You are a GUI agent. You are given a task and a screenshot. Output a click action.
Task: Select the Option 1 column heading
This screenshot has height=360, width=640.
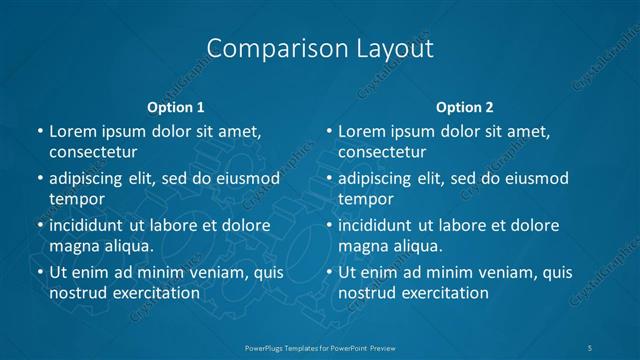pyautogui.click(x=176, y=107)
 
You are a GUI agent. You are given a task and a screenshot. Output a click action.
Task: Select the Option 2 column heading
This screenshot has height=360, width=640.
pyautogui.click(x=465, y=107)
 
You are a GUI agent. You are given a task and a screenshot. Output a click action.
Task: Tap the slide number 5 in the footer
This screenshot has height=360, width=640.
pyautogui.click(x=591, y=346)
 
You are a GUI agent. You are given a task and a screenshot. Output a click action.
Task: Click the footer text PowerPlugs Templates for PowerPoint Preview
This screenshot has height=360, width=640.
pyautogui.click(x=319, y=346)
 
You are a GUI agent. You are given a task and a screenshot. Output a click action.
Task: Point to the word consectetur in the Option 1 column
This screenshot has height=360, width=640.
pyautogui.click(x=93, y=151)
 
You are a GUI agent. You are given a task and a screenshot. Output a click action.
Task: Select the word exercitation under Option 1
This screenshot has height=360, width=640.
pyautogui.click(x=155, y=292)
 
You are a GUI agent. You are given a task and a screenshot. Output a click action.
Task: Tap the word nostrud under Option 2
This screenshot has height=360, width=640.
pyautogui.click(x=368, y=292)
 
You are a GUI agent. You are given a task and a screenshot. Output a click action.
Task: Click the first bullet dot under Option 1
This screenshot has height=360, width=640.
pyautogui.click(x=39, y=131)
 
